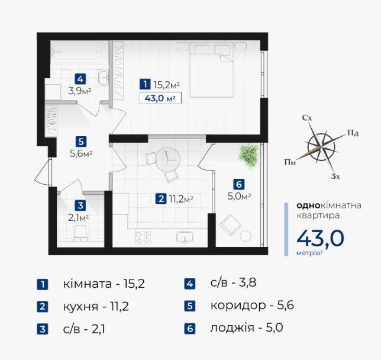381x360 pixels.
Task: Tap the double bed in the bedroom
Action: [x=211, y=70]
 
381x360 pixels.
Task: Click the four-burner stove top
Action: [x=143, y=237]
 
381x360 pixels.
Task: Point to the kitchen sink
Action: [x=185, y=237]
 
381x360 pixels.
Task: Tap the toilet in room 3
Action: [x=80, y=233]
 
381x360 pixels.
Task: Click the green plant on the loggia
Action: [x=248, y=155]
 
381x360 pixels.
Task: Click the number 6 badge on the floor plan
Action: [x=239, y=184]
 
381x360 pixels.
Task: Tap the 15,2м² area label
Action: [x=167, y=85]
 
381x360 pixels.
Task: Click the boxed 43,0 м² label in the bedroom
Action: [x=160, y=98]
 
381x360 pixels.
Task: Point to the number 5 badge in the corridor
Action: [x=81, y=142]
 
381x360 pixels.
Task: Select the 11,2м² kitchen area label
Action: [x=181, y=200]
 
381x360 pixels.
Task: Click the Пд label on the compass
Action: [x=353, y=133]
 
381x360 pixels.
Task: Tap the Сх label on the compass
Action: [x=307, y=118]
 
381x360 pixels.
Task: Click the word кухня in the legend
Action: [x=80, y=307]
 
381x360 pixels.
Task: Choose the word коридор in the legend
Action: [x=238, y=306]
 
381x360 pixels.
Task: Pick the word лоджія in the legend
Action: [x=233, y=327]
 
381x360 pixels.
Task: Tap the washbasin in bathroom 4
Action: [x=104, y=78]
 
